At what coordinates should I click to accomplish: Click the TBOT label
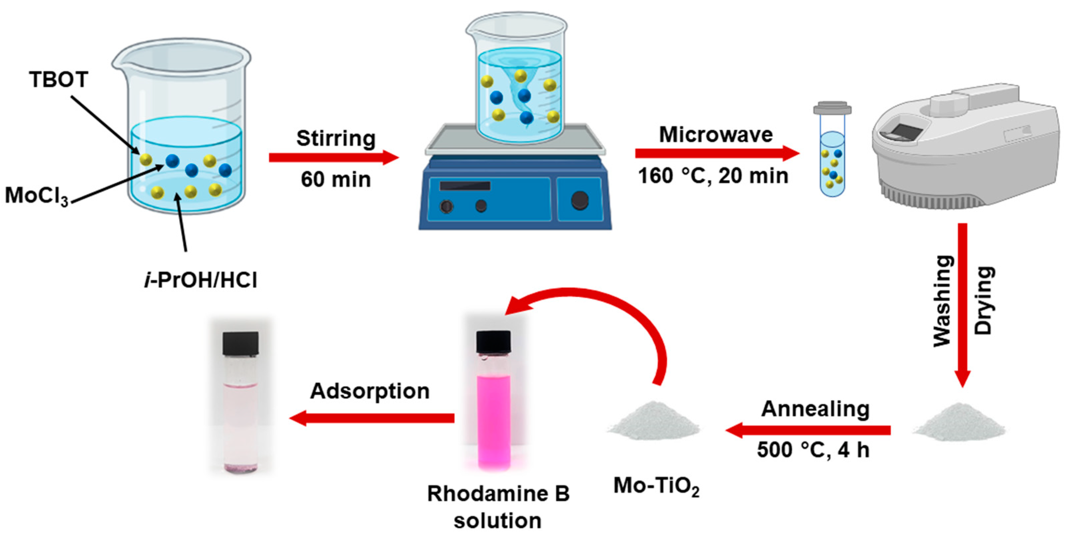[x=58, y=79]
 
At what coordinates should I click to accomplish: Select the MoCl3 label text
[x=37, y=195]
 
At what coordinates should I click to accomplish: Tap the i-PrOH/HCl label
[x=201, y=281]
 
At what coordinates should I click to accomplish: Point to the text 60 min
[x=336, y=180]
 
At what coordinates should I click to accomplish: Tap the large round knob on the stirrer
[x=579, y=200]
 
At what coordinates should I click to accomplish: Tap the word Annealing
[x=815, y=409]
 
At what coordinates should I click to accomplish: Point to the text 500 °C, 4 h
[x=813, y=450]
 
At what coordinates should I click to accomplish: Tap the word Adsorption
[x=370, y=391]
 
